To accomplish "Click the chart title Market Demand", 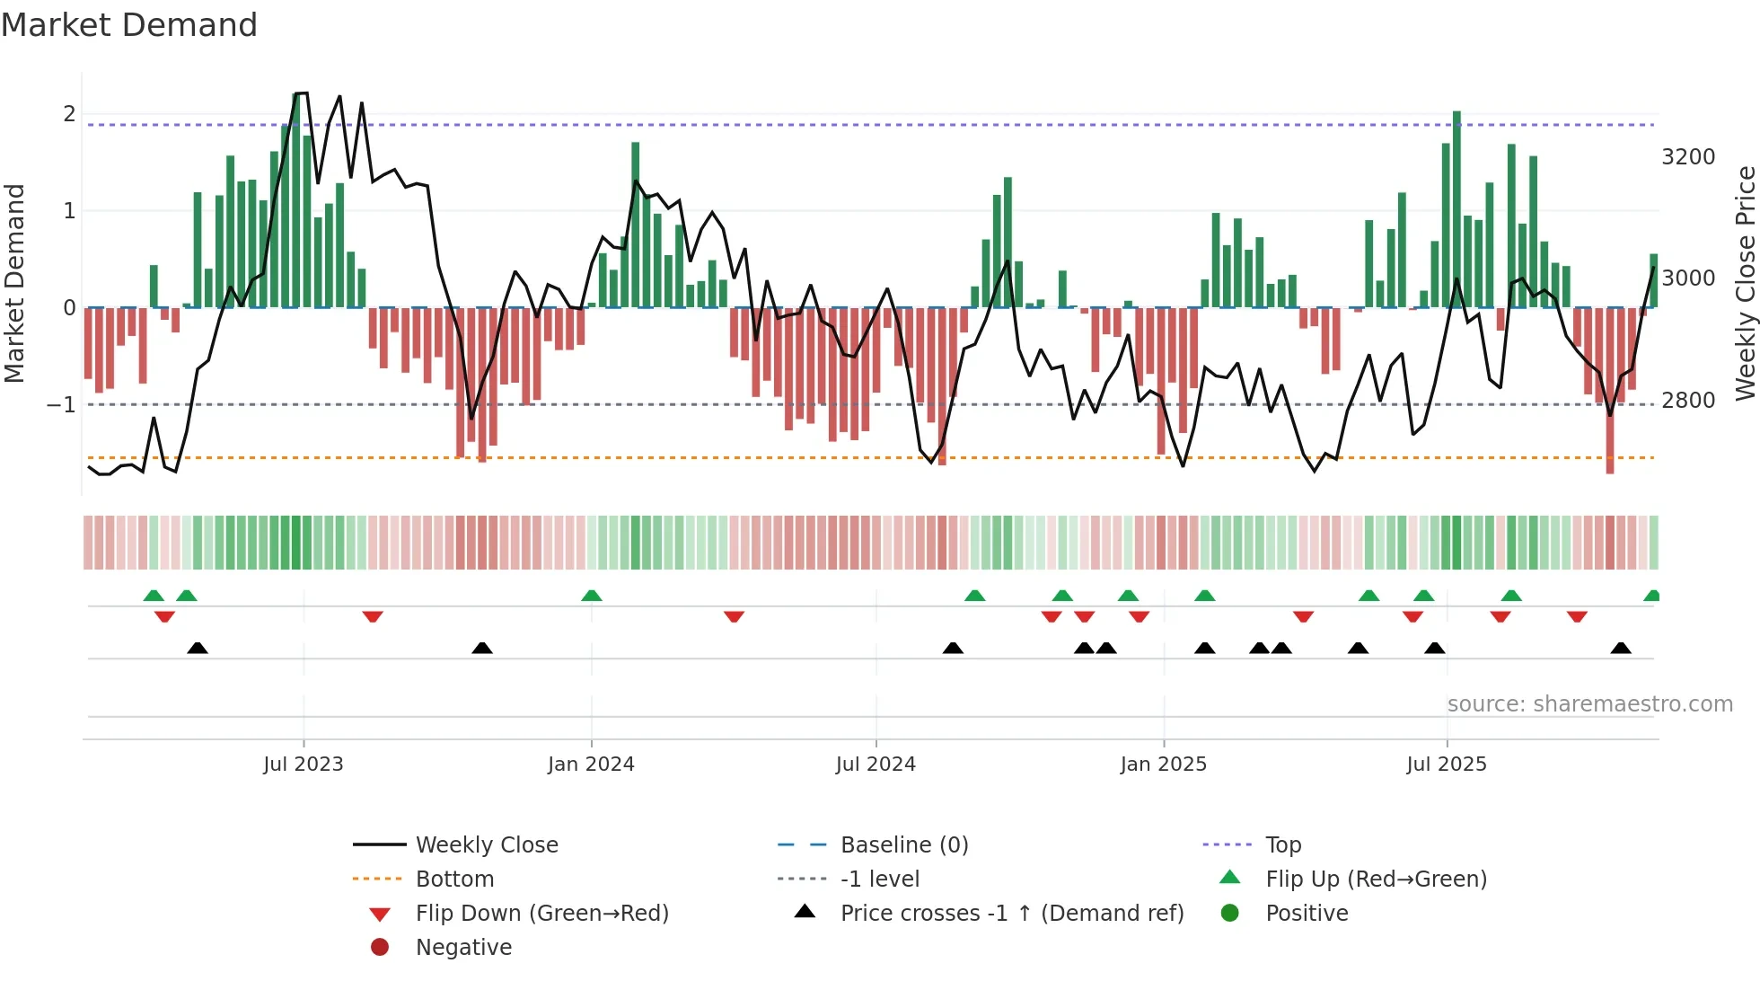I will click(129, 25).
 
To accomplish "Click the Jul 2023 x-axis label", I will click(303, 765).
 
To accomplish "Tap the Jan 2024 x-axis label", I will click(591, 765).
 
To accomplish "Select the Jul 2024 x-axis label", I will click(876, 765).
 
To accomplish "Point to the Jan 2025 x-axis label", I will click(1163, 765).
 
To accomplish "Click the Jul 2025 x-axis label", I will click(1447, 765).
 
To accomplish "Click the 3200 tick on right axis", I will click(1688, 157).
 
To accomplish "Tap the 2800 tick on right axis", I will click(1688, 401).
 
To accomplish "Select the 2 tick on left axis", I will click(69, 114).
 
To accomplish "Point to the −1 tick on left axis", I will click(61, 405).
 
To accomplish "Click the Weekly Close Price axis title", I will click(1745, 283).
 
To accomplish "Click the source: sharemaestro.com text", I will click(1589, 704).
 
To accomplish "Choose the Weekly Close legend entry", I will click(486, 845).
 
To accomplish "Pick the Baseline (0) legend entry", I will click(903, 845).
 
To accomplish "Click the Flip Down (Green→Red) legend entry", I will click(541, 914).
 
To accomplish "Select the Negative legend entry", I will click(463, 948).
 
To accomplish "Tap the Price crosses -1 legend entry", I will click(1011, 914).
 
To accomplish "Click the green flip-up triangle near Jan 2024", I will click(591, 596).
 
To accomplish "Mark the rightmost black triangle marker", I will click(1621, 649).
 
